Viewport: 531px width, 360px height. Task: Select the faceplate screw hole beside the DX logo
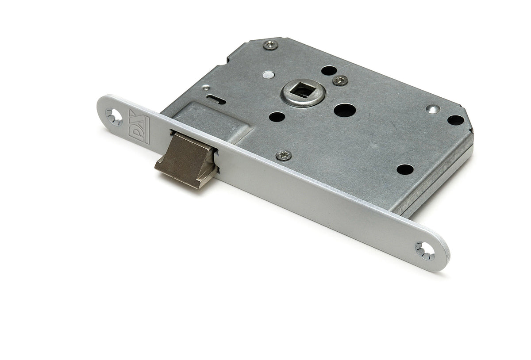[x=114, y=117]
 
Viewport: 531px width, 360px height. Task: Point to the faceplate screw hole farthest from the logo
[x=425, y=251]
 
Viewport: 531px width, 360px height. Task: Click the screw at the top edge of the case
[x=270, y=45]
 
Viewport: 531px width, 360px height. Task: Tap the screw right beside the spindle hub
[x=340, y=80]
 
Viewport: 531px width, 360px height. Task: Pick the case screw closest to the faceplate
[x=284, y=155]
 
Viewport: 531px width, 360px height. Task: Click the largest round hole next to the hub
[x=345, y=110]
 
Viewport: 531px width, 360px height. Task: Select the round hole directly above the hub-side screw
[x=329, y=70]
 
